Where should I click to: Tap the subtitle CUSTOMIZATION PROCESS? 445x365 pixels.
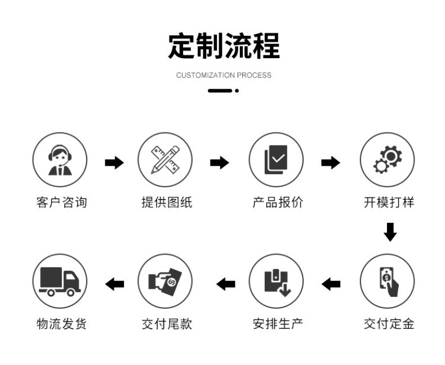point(224,75)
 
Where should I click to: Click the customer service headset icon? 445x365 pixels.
point(60,160)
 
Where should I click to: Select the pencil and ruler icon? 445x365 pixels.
point(165,160)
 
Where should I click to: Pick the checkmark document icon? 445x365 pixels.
point(276,160)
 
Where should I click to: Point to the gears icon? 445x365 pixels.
point(387,160)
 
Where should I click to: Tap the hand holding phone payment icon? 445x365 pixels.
point(387,281)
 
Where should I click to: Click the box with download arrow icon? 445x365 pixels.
point(276,281)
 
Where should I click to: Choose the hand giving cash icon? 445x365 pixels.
point(165,281)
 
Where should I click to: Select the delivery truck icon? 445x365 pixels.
point(60,281)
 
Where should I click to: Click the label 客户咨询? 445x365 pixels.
point(61,203)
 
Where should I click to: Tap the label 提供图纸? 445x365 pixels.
point(167,203)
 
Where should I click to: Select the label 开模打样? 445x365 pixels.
point(389,203)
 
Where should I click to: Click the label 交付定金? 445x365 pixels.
point(389,324)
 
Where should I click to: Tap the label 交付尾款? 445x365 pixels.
point(167,324)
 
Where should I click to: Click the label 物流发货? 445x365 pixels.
point(61,324)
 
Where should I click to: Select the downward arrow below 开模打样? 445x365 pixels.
point(390,232)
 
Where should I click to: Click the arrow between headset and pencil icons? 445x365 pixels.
point(114,163)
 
